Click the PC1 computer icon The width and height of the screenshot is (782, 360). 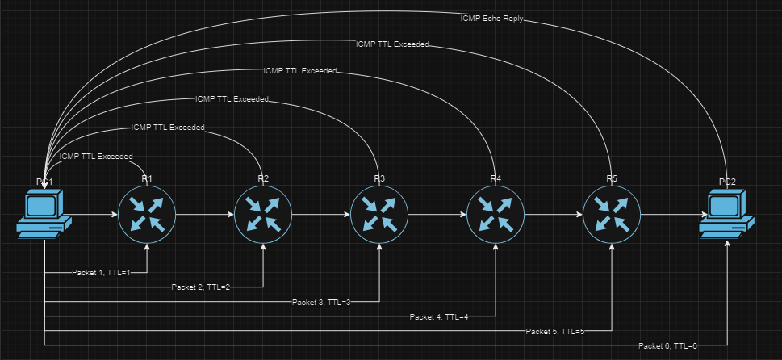(43, 215)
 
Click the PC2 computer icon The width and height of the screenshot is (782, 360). (727, 215)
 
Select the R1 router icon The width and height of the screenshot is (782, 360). (146, 215)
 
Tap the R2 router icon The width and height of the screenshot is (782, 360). (262, 215)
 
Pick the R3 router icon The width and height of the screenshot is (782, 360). (378, 215)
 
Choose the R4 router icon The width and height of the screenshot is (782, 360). (495, 215)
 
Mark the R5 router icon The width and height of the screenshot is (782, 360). (611, 215)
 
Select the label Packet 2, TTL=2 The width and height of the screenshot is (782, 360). (201, 287)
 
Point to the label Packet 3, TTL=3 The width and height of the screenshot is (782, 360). (321, 302)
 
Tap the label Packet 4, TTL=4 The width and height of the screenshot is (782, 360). (439, 316)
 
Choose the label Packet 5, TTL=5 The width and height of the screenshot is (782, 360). (554, 331)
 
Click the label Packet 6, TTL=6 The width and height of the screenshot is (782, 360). (667, 345)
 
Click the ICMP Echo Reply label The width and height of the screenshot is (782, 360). (491, 18)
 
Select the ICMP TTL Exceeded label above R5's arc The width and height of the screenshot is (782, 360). (392, 44)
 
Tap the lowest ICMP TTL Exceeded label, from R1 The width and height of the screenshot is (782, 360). (96, 156)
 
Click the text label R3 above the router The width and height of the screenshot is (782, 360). (379, 178)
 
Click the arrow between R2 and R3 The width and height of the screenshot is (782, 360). (320, 215)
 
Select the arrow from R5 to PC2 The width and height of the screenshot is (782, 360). (670, 215)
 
